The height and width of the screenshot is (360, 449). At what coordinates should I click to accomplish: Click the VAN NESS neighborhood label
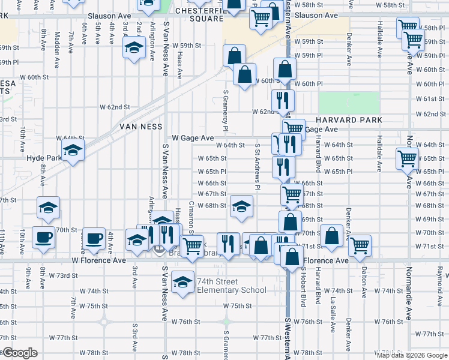[x=141, y=127]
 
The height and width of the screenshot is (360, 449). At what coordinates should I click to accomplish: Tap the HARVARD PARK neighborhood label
[x=349, y=120]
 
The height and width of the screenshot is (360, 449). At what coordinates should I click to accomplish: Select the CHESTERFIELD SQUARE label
[x=199, y=14]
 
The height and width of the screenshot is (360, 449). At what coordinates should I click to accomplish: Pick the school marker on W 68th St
[x=241, y=207]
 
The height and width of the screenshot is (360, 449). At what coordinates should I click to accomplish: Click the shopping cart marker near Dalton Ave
[x=360, y=244]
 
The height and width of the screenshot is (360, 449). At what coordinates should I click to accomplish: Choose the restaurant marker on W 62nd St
[x=283, y=100]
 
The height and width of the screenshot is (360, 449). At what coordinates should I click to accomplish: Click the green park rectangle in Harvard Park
[x=349, y=102]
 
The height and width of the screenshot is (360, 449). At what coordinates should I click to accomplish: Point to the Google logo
[x=19, y=353]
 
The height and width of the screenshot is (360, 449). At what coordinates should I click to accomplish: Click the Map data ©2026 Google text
[x=412, y=355]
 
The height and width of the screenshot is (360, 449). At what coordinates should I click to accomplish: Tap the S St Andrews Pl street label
[x=257, y=166]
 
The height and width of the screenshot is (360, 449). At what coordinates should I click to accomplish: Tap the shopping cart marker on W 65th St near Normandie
[x=407, y=159]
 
